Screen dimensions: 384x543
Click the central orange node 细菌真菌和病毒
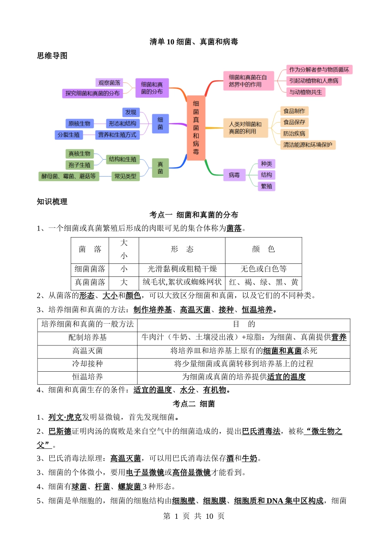[x=196, y=128]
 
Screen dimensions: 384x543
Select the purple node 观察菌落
[x=109, y=83]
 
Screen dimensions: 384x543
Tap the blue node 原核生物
[x=79, y=123]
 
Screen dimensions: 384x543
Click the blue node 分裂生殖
[x=69, y=135]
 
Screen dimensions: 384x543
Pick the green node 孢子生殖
[x=79, y=165]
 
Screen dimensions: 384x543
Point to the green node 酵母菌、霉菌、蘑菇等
[x=69, y=176]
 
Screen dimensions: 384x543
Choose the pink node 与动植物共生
[x=306, y=92]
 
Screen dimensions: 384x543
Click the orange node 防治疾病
[x=294, y=134]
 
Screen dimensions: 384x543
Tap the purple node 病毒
[x=234, y=175]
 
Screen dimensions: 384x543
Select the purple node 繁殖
[x=266, y=186]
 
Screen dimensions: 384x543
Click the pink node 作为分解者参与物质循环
[x=319, y=69]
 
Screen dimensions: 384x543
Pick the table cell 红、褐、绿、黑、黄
[x=264, y=282]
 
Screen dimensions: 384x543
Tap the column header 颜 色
[x=264, y=249]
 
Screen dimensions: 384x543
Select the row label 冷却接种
[x=87, y=364]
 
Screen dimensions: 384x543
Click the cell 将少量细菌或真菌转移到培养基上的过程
[x=244, y=364]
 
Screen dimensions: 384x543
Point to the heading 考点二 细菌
[x=194, y=404]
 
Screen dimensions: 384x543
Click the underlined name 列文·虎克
[x=65, y=417]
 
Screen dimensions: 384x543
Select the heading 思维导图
[x=52, y=55]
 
